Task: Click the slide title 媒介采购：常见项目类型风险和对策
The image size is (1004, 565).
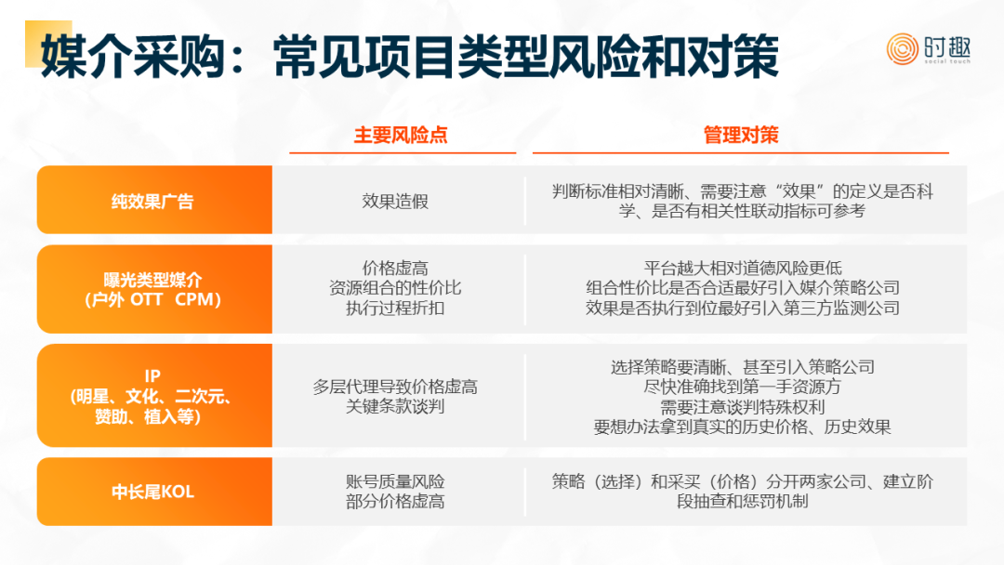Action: pos(410,57)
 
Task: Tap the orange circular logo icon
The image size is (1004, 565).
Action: pos(902,49)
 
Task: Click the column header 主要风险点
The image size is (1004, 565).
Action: pos(401,135)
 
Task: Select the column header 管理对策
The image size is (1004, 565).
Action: pos(741,135)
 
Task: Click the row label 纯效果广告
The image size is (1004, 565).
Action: pos(152,202)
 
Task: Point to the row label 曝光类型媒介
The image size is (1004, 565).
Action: pos(152,280)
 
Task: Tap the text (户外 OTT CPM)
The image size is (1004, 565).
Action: pos(152,299)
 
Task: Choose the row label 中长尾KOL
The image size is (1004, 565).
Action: pos(152,493)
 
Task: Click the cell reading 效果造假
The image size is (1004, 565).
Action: pos(395,202)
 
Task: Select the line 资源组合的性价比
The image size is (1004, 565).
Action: pos(395,288)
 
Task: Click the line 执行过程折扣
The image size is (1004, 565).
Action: pos(395,309)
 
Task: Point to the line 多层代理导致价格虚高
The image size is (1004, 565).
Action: pos(395,387)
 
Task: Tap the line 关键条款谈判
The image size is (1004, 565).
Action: pos(395,406)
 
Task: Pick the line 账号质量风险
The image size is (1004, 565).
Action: pos(395,481)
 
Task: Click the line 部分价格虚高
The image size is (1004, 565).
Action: pos(395,501)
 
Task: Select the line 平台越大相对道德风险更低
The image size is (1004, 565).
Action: pos(743,269)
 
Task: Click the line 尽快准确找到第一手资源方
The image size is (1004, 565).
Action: pos(743,387)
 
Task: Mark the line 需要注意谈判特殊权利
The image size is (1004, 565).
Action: pos(743,407)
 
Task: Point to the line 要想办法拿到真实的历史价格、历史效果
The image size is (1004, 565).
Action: pos(743,427)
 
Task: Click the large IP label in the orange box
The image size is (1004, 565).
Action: pos(152,375)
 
